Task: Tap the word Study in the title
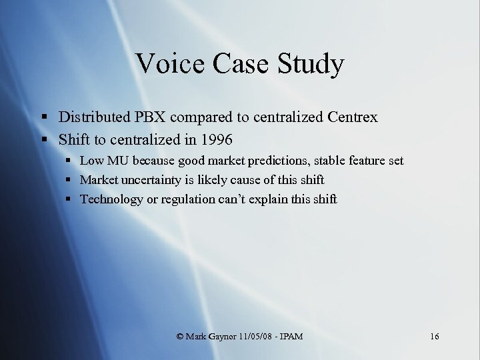(313, 65)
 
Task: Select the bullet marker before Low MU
(69, 161)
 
